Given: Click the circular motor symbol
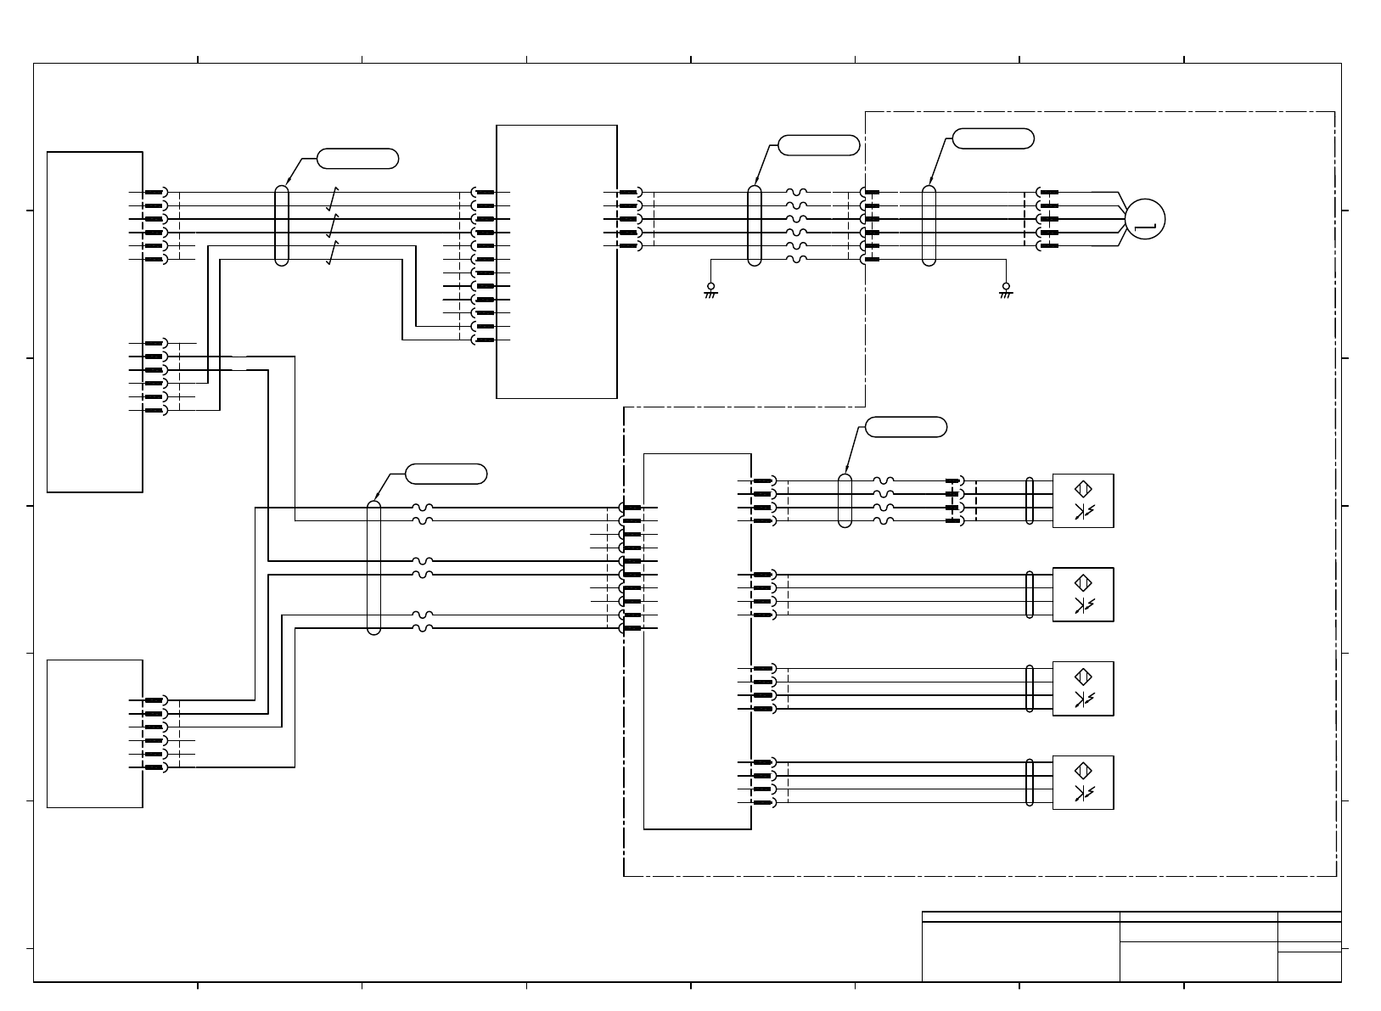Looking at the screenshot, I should point(1145,218).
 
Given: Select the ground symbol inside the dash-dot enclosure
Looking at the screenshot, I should point(1006,290).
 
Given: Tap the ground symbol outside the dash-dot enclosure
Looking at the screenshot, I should point(711,290).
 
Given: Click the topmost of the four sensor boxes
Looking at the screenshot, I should point(1082,501).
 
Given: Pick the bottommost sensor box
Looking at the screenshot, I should point(1082,783).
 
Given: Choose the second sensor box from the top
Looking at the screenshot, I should point(1082,595).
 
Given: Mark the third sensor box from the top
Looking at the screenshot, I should point(1082,688).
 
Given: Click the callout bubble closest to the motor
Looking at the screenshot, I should point(993,138).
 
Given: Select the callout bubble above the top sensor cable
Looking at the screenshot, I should point(906,427).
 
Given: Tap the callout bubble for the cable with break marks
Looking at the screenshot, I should point(357,158).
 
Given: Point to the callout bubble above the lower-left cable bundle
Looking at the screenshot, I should point(446,474).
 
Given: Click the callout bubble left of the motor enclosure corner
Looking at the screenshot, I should point(818,145).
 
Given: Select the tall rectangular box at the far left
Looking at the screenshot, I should point(94,322).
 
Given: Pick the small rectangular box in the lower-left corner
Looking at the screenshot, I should point(94,733).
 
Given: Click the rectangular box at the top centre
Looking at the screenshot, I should point(556,261).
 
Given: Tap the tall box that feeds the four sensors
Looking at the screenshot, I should point(697,641).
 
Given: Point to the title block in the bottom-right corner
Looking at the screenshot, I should point(1131,946).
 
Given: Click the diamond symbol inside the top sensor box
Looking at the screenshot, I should point(1083,489).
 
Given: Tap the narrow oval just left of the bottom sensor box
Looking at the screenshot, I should point(1030,782).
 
